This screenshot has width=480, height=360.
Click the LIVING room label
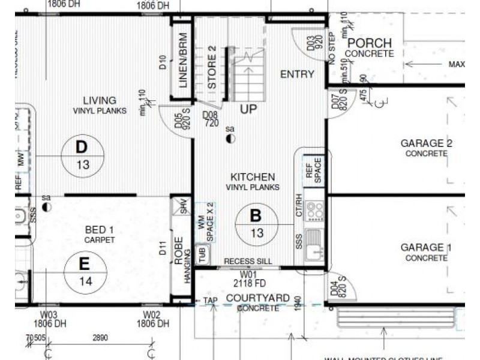(100, 100)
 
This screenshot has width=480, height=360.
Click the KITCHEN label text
(253, 177)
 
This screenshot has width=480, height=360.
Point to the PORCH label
(370, 43)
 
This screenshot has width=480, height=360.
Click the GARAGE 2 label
(426, 143)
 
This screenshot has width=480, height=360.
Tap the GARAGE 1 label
(426, 248)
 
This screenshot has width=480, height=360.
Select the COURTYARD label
(257, 298)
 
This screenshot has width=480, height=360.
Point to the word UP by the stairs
(248, 109)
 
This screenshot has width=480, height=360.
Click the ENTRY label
(297, 74)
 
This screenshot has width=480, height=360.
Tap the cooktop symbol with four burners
(314, 211)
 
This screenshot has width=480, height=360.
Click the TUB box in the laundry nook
(202, 256)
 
